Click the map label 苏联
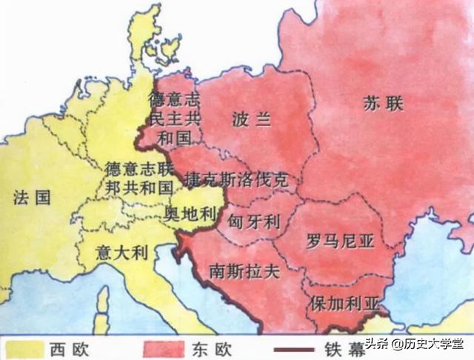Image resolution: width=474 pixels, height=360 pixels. (x=383, y=104)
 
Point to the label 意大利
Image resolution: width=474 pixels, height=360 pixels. (x=123, y=253)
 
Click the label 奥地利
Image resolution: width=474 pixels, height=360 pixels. (x=188, y=214)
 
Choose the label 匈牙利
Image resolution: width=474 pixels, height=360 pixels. (x=253, y=221)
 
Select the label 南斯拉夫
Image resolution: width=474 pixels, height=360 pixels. (x=244, y=270)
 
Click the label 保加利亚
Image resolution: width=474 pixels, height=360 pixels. (x=344, y=304)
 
